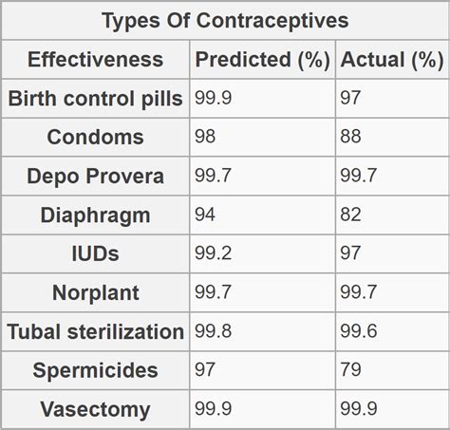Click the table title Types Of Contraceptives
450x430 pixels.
click(x=225, y=20)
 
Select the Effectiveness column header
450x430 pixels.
click(x=95, y=60)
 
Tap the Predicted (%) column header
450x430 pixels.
click(x=262, y=60)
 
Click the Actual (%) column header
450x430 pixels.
click(x=392, y=60)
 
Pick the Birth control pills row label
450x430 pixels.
click(x=95, y=99)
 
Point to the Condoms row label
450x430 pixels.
click(x=95, y=138)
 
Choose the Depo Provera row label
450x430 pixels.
click(x=95, y=177)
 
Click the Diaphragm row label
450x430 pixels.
click(x=95, y=215)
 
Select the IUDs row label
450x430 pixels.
click(x=95, y=254)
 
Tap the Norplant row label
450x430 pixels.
click(x=95, y=293)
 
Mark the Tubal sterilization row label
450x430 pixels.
click(x=95, y=332)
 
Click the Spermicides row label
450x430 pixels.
click(x=95, y=371)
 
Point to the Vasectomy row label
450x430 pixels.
click(x=95, y=410)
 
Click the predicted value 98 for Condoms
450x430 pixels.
click(x=205, y=136)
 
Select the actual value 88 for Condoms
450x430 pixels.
click(x=351, y=136)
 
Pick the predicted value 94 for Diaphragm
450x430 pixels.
click(x=205, y=215)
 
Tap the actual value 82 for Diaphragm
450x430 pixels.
click(x=351, y=215)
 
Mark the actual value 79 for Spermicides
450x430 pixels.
click(x=351, y=370)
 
